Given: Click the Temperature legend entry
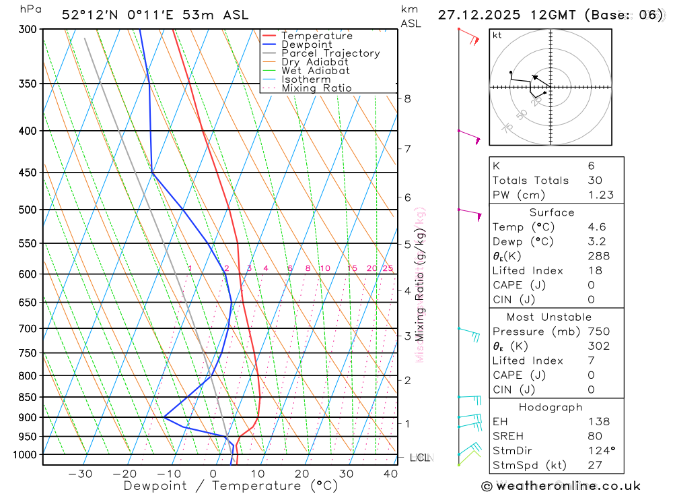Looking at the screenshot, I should click(316, 36).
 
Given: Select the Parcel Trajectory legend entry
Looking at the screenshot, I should click(330, 53).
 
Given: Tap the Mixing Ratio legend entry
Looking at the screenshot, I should click(316, 88).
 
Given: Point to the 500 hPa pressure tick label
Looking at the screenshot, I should click(28, 210).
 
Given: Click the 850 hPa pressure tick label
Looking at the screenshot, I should click(28, 397).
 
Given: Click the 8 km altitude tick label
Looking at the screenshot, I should click(407, 98).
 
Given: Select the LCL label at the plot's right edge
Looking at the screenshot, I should click(419, 458).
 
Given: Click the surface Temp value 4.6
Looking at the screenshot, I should click(595, 227).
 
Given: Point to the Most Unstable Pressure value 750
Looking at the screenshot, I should click(598, 332).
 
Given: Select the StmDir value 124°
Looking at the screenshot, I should click(599, 450).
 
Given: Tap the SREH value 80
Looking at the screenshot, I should click(594, 436).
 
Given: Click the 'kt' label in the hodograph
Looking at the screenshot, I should click(497, 35).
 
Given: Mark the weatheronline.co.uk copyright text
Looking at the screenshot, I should click(561, 486).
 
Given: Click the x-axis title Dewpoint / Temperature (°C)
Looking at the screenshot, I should click(231, 486).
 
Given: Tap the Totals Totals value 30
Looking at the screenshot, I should click(594, 180).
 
